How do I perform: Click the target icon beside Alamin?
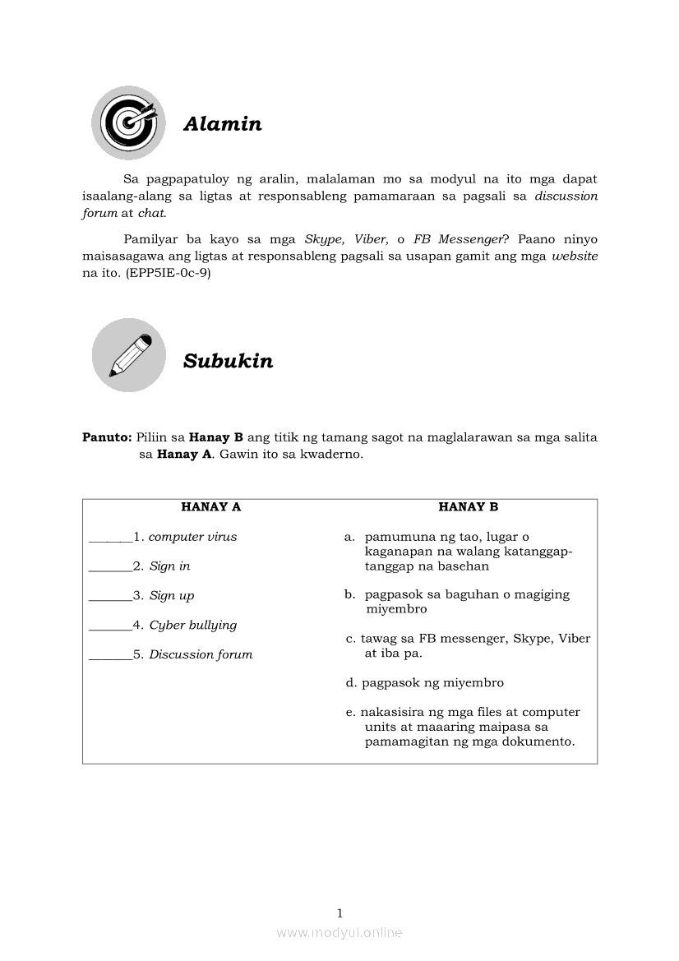[128, 122]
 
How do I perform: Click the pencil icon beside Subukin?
[128, 355]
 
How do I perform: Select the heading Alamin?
[222, 124]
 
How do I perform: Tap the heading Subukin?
[228, 361]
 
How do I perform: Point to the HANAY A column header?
[210, 507]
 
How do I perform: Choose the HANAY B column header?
[468, 507]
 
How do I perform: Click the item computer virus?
[192, 537]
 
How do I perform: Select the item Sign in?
[169, 566]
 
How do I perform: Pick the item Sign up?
[171, 596]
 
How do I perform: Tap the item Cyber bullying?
[192, 626]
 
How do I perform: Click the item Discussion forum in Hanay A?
[201, 655]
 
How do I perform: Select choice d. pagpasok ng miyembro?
[425, 683]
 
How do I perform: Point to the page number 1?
[339, 912]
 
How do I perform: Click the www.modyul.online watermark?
[339, 932]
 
